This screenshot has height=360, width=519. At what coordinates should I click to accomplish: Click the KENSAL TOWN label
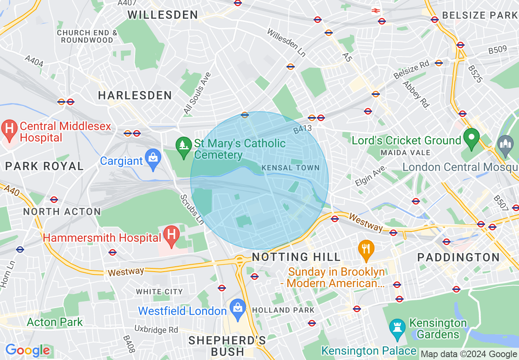290,168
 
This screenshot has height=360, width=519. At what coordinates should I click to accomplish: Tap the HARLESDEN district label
135,96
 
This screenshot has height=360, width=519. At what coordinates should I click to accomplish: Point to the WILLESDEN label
163,15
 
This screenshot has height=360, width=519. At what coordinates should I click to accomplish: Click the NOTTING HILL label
296,257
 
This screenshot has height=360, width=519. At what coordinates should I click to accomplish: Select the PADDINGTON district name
458,257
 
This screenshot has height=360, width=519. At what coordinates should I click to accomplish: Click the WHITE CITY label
159,292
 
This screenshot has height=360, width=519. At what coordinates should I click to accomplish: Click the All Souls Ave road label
197,93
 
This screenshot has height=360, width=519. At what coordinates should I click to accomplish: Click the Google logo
27,350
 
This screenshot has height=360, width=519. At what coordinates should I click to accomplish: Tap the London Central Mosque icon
505,145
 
